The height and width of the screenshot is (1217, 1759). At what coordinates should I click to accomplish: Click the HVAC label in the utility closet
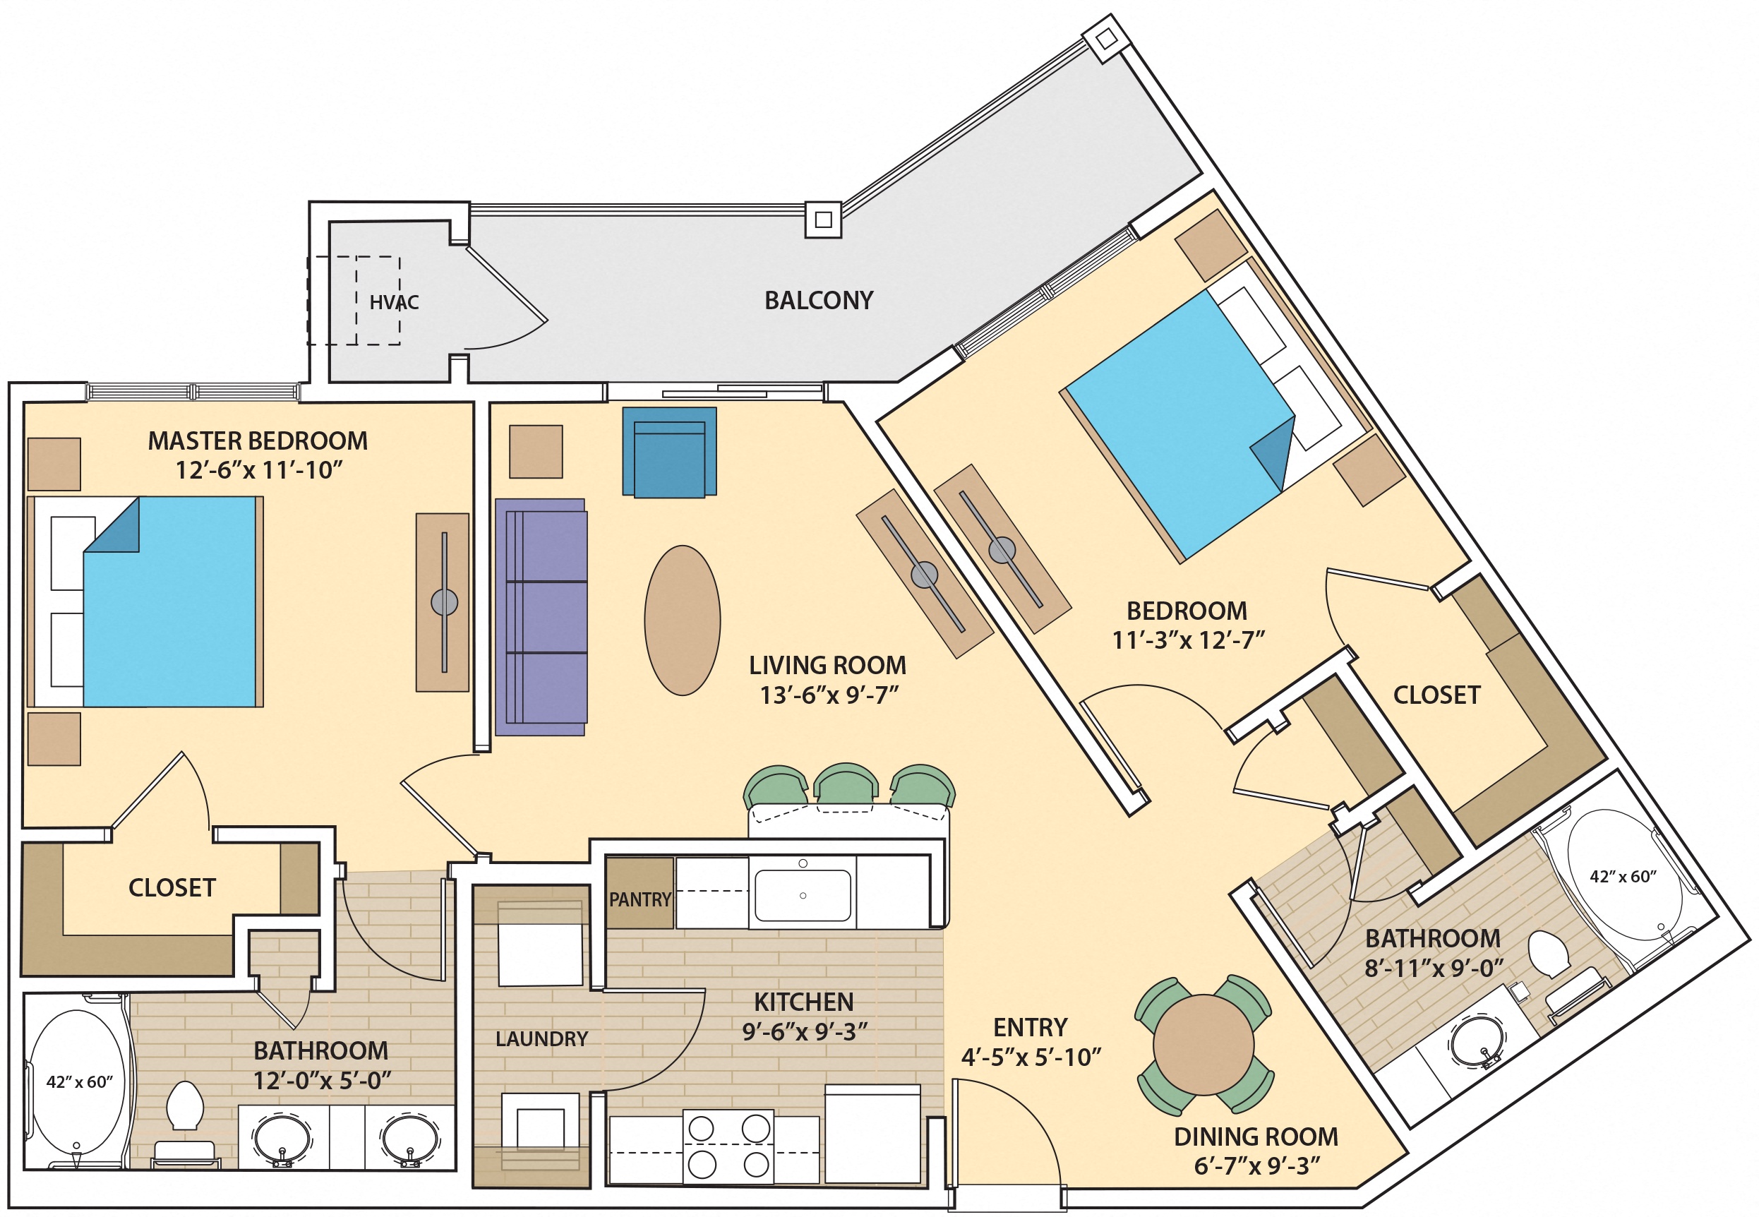(393, 303)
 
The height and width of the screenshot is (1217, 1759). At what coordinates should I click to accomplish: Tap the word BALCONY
(818, 301)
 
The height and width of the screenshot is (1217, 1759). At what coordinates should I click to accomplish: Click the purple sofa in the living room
(541, 617)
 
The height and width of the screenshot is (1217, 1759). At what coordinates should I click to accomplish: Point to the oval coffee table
(682, 620)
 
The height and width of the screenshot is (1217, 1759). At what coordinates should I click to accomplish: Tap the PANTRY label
(639, 900)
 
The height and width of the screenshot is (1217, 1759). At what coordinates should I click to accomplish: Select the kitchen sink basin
(802, 895)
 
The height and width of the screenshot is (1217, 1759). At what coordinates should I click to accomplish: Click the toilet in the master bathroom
(184, 1105)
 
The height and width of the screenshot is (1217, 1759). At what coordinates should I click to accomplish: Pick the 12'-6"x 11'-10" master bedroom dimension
(258, 470)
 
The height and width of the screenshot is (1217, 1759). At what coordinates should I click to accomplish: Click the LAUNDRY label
(541, 1038)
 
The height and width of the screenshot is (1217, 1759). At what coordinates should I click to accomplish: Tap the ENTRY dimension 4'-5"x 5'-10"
(1030, 1057)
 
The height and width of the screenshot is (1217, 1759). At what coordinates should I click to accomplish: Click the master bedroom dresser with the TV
(443, 602)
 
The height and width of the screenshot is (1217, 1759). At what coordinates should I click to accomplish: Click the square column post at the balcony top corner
(1106, 38)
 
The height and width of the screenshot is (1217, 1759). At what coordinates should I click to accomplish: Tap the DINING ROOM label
(1255, 1137)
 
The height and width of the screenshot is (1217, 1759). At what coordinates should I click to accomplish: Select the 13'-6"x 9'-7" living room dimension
(829, 695)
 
